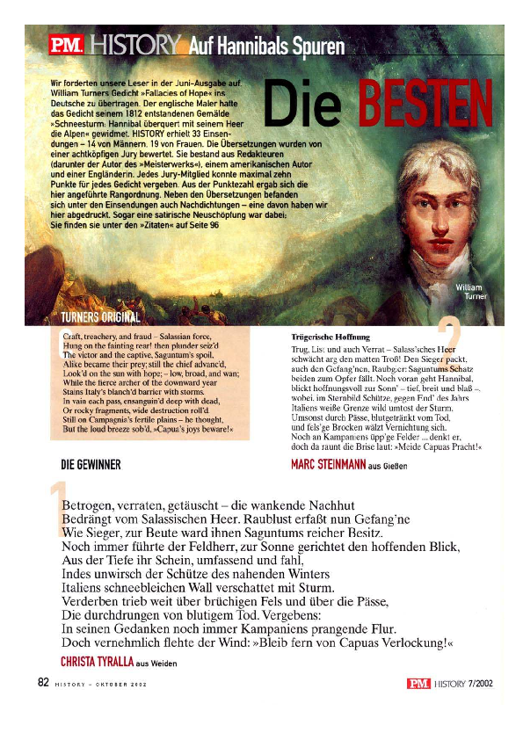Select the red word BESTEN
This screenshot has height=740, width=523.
423,104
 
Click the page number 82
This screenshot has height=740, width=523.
42,682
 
